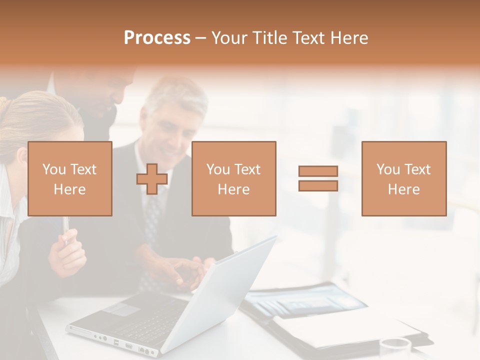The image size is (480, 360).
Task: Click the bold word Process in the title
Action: click(157, 38)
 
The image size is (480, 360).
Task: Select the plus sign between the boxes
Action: click(152, 179)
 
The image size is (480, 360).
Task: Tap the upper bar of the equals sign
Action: click(318, 171)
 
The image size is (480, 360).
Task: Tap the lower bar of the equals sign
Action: click(318, 185)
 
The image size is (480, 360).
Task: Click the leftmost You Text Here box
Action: click(70, 179)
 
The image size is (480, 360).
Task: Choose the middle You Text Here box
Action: click(234, 179)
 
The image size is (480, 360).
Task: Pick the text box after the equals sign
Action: click(404, 179)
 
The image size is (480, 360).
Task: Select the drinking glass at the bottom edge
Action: click(395, 348)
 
